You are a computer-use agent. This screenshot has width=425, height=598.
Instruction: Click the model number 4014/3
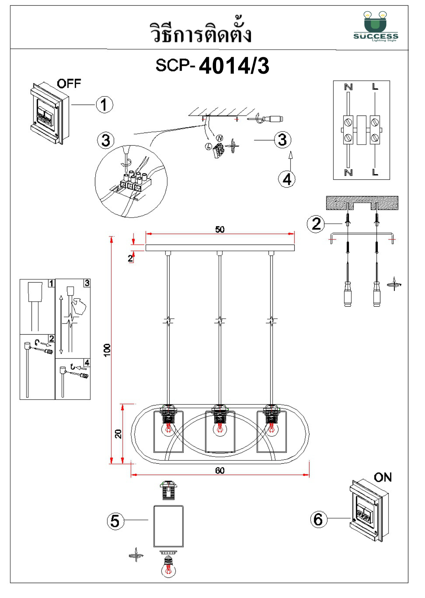[x=234, y=66]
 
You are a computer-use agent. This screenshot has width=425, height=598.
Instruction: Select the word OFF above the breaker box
[x=69, y=84]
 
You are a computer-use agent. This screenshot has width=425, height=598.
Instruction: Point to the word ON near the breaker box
[x=382, y=477]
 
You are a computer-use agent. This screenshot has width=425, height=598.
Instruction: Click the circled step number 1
[x=104, y=105]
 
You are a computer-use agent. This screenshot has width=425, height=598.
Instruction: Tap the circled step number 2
[x=316, y=224]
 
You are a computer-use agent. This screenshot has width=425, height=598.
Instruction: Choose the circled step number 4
[x=287, y=179]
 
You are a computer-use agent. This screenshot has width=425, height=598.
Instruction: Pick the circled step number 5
[x=115, y=521]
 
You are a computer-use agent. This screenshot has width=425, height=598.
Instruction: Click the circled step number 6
[x=318, y=519]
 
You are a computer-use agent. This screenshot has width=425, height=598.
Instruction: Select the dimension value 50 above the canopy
[x=220, y=229]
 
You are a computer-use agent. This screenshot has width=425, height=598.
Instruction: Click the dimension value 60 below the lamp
[x=220, y=470]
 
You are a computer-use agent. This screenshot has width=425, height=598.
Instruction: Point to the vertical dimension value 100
[x=107, y=350]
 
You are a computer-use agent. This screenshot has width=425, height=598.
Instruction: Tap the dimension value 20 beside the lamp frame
[x=118, y=434]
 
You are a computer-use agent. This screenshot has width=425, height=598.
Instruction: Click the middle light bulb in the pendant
[x=220, y=429]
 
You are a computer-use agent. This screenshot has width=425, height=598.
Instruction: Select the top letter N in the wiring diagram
[x=348, y=87]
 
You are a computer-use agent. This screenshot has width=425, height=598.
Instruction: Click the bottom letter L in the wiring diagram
[x=375, y=172]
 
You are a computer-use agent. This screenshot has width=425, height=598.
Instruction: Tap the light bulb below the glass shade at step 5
[x=168, y=568]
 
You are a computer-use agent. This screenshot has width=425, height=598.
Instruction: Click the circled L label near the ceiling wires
[x=209, y=146]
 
